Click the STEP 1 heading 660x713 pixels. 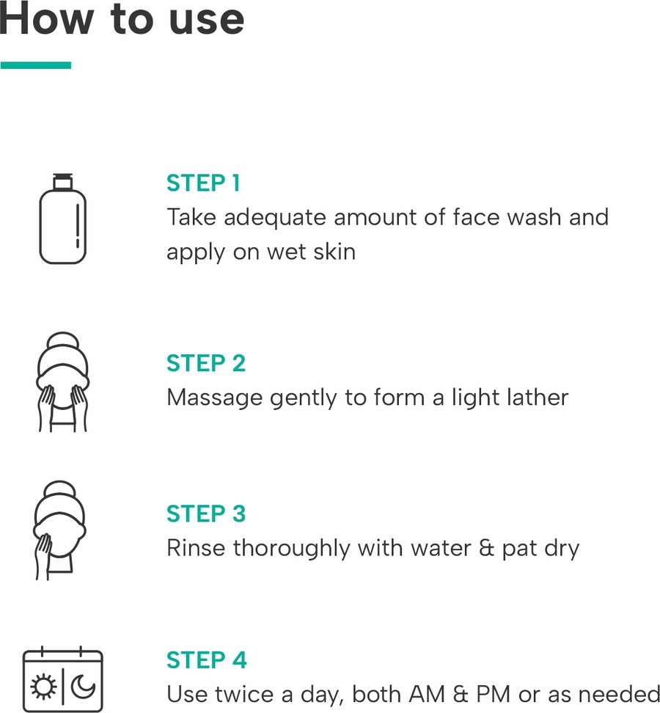(203, 183)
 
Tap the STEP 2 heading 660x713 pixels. (206, 363)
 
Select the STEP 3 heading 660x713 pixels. (206, 513)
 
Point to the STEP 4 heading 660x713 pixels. (206, 660)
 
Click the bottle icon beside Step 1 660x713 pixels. (63, 219)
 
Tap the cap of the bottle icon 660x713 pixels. (63, 181)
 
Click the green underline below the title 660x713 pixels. (36, 65)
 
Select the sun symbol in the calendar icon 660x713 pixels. (44, 687)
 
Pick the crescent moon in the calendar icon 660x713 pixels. (83, 686)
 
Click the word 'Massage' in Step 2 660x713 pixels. (215, 398)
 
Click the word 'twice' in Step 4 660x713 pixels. (244, 695)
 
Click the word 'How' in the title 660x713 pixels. (46, 19)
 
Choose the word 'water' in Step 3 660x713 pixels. (441, 548)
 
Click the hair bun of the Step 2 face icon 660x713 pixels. (63, 342)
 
